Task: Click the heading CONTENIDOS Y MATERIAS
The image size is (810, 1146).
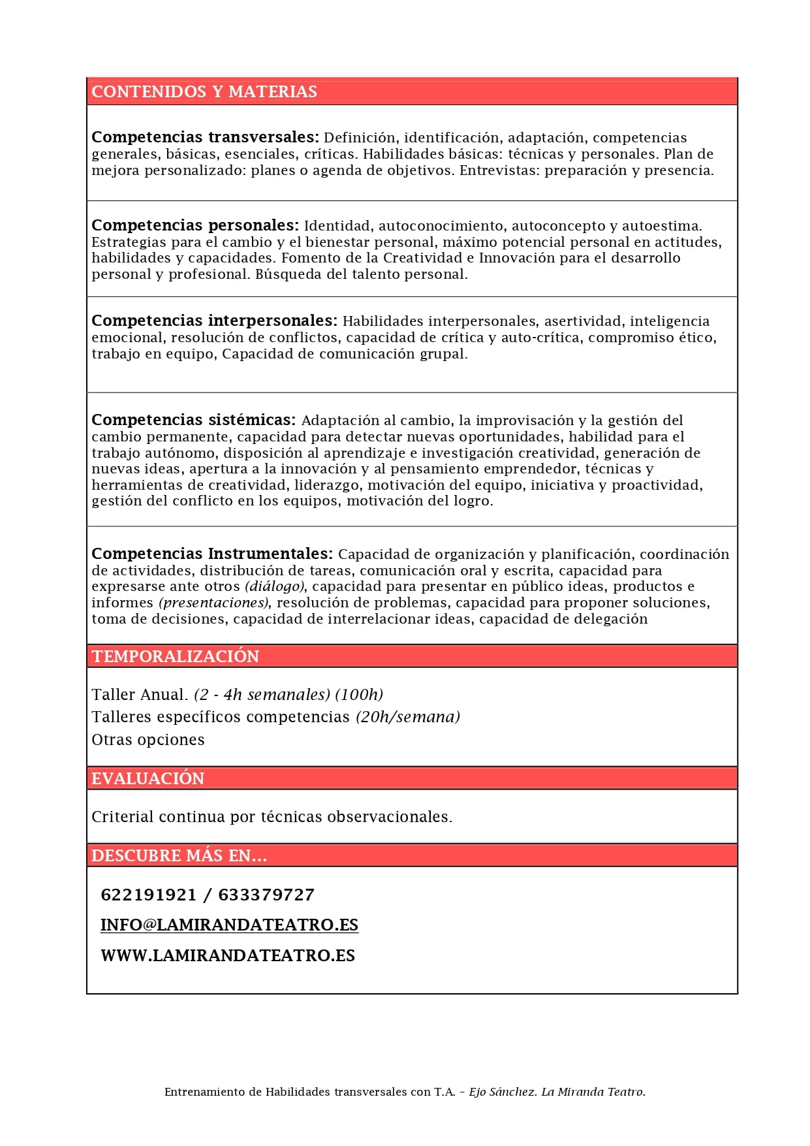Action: [204, 91]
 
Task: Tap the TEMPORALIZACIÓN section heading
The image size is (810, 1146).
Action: [175, 656]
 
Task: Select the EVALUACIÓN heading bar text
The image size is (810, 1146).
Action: [148, 778]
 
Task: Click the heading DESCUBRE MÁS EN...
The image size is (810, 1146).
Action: [179, 855]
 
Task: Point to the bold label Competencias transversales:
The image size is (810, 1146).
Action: [205, 137]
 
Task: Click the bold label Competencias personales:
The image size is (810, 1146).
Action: [195, 225]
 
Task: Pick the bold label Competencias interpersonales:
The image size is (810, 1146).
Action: [214, 321]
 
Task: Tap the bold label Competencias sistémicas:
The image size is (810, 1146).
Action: [193, 420]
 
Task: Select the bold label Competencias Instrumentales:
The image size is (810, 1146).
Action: [212, 554]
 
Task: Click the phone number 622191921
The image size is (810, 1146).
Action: [148, 895]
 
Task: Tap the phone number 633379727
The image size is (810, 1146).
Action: [266, 895]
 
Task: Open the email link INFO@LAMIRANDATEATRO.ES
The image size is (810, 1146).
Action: [229, 925]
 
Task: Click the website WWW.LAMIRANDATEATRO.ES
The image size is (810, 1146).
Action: [228, 955]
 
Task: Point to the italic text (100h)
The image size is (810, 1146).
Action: [359, 694]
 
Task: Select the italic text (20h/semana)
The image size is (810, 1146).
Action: [408, 717]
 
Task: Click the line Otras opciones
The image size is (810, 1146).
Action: [148, 740]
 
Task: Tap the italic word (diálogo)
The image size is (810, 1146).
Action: [274, 586]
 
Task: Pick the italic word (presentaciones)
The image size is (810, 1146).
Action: [214, 602]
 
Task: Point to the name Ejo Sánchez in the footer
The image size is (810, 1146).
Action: [503, 1092]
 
